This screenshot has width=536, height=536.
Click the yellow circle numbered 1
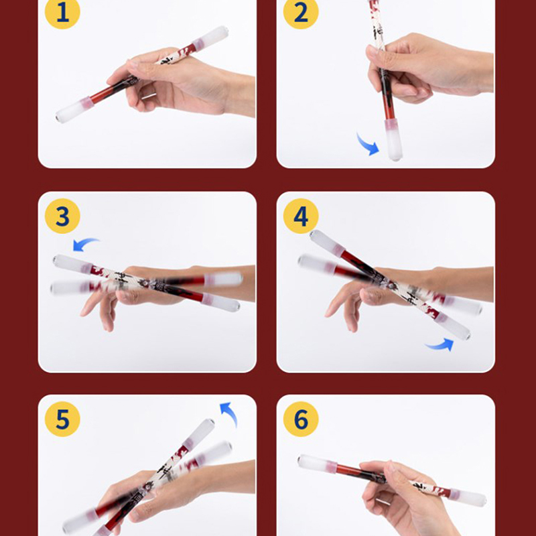coord(62,11)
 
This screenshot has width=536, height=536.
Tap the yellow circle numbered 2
coord(301,11)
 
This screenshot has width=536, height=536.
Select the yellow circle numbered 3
coord(62,216)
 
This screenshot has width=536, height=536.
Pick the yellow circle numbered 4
coord(301,216)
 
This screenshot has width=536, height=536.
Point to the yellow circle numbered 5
coord(62,419)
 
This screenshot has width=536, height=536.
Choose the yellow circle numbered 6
coord(301,419)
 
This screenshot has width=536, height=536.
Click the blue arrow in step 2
coord(368,145)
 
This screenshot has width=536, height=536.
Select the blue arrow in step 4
coord(441,345)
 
